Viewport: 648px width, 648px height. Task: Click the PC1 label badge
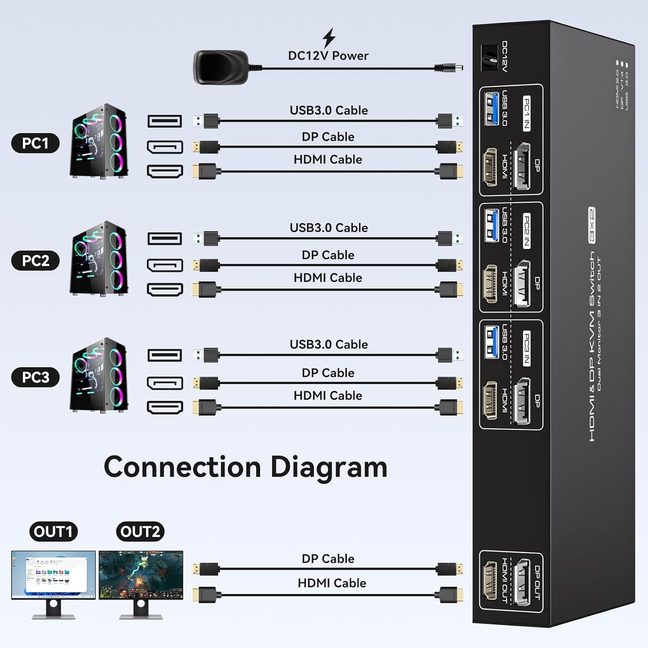pyautogui.click(x=35, y=143)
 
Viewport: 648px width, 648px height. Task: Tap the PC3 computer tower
pyautogui.click(x=99, y=375)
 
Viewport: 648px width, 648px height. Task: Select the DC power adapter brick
pyautogui.click(x=220, y=67)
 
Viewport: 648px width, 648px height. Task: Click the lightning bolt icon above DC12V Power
pyautogui.click(x=329, y=38)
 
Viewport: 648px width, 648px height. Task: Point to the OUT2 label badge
pyautogui.click(x=140, y=531)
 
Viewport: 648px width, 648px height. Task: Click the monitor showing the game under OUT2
pyautogui.click(x=141, y=575)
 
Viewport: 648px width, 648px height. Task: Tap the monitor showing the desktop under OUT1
pyautogui.click(x=53, y=575)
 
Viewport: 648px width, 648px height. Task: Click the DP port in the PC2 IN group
pyautogui.click(x=522, y=283)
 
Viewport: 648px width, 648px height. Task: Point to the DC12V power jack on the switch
pyautogui.click(x=490, y=58)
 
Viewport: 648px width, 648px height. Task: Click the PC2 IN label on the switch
pyautogui.click(x=527, y=231)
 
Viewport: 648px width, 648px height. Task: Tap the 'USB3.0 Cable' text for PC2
pyautogui.click(x=329, y=228)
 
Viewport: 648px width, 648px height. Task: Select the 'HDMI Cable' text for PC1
pyautogui.click(x=328, y=159)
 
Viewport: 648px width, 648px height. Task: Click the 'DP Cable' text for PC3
pyautogui.click(x=328, y=373)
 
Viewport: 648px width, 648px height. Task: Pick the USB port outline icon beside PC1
pyautogui.click(x=165, y=121)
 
